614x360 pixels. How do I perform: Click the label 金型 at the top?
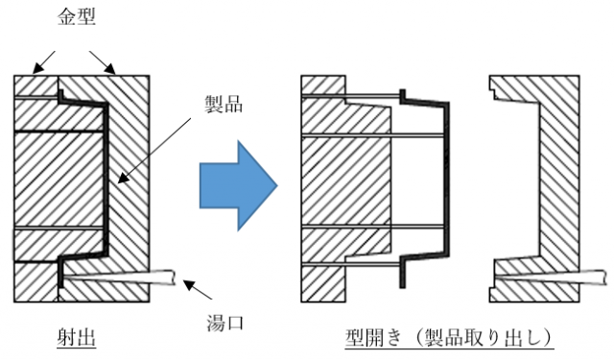point(77,17)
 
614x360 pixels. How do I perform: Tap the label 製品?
point(224,104)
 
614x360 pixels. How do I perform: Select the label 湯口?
point(225,323)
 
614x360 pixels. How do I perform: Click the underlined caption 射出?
point(77,337)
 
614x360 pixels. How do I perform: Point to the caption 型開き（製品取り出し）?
point(450,337)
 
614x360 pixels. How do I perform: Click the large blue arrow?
point(239,185)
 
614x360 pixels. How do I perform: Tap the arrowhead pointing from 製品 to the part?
point(123,179)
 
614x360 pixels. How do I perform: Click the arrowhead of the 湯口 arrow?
point(189,284)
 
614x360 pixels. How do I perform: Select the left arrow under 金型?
point(43,61)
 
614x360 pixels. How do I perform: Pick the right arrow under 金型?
point(103,62)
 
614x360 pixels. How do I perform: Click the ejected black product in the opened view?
point(447,177)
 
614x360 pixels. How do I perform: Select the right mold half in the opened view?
point(560,188)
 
